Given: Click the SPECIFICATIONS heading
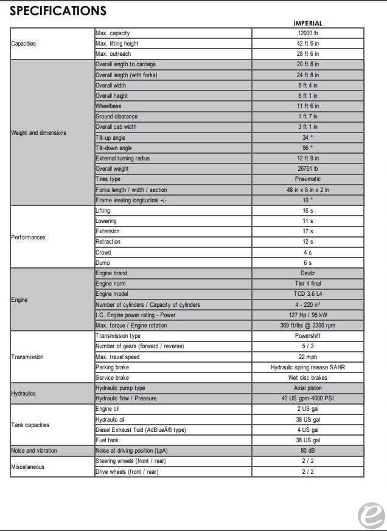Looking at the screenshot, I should pos(58,10).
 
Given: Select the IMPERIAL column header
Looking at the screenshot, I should pos(308,24).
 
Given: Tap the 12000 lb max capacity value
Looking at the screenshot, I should pos(308,33).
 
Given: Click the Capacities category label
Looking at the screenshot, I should pos(24,44).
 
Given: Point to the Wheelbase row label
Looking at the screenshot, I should pos(108,106).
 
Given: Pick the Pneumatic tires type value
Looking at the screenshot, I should pos(308,179).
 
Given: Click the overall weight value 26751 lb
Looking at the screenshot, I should pos(308,169).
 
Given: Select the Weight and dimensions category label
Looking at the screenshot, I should pos(38,133).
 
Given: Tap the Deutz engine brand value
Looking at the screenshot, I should pos(308,273).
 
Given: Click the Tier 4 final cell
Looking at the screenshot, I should pos(308,284).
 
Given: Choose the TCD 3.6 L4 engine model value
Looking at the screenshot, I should pos(308,294).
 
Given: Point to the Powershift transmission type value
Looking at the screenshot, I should pos(308,336).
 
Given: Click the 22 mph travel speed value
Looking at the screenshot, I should pos(308,357).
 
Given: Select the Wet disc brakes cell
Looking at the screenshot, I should pos(308,378).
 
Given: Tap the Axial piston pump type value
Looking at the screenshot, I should pos(308,388).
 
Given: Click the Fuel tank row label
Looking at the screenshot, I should pos(107,440).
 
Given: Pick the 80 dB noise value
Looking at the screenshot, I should pos(308,451).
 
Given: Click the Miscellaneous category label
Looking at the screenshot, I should pos(27,467).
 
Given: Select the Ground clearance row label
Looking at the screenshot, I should pos(116,117).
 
